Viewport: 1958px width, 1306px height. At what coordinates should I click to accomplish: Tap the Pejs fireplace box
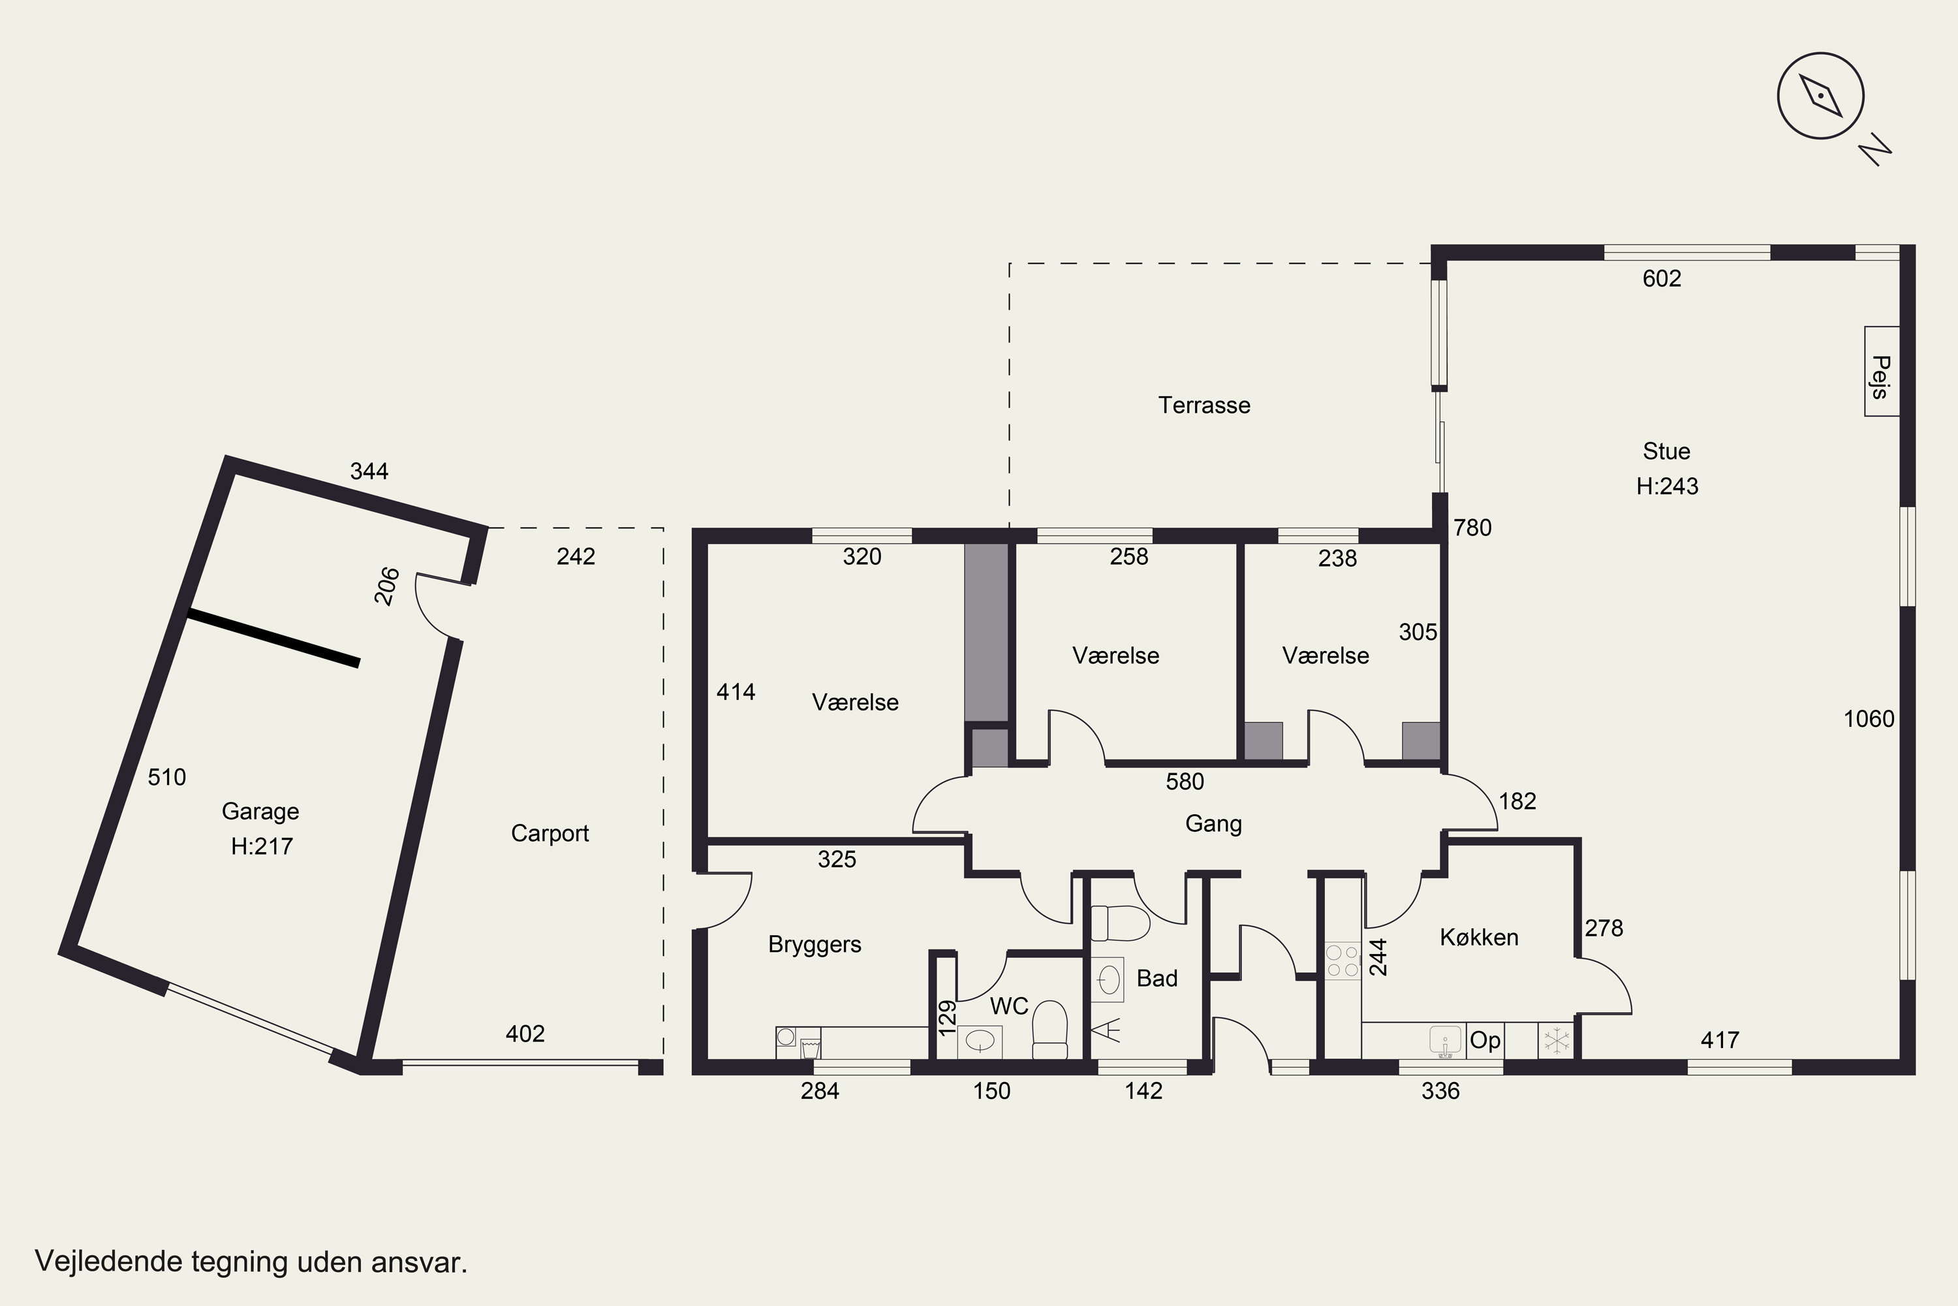coord(1882,372)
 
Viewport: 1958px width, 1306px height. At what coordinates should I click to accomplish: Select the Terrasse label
coord(1204,406)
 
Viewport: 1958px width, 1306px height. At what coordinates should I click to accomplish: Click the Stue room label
coord(1667,451)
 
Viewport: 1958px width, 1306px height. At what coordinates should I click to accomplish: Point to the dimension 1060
coord(1869,719)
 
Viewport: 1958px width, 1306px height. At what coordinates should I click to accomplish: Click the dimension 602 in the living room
coord(1662,278)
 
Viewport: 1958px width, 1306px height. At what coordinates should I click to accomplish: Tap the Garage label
coord(260,811)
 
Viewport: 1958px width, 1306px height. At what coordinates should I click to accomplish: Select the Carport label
coord(550,834)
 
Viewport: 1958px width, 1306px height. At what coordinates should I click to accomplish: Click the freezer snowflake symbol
coord(1556,1040)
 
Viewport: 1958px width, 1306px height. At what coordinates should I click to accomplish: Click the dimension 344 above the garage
coord(369,471)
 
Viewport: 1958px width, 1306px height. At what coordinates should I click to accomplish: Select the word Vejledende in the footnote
coord(109,1262)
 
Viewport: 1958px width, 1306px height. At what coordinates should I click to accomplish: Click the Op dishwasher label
coord(1485,1040)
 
